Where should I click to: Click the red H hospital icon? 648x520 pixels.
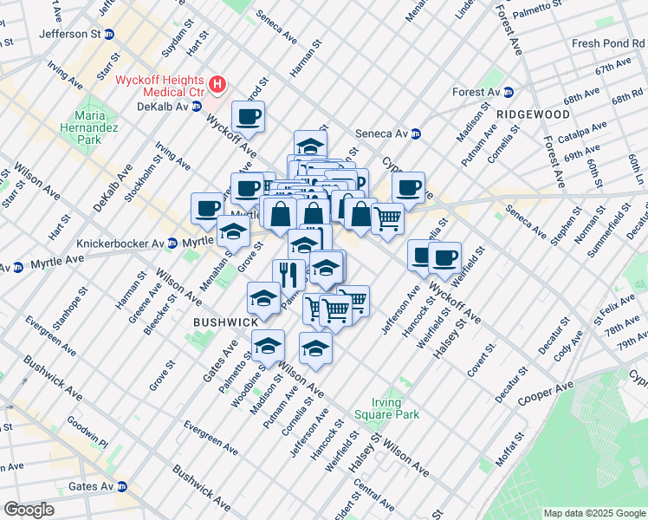pos(218,85)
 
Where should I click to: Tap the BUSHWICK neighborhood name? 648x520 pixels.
pos(225,322)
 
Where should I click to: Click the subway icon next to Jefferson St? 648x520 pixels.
pos(109,35)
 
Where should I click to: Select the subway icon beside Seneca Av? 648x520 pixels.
pos(416,133)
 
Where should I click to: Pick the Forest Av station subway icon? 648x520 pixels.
pos(509,92)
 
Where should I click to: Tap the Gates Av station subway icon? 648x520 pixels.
pos(122,486)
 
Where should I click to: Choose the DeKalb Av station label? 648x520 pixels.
pos(156,107)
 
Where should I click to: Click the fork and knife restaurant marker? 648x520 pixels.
pos(288,274)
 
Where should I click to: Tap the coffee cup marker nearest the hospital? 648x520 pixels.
pos(249,117)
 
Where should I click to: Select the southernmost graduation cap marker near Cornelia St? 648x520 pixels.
pos(315,349)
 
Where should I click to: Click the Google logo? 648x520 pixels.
pos(29,509)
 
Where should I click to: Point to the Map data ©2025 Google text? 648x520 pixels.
pos(593,513)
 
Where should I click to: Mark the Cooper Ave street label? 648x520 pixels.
pos(546,392)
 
